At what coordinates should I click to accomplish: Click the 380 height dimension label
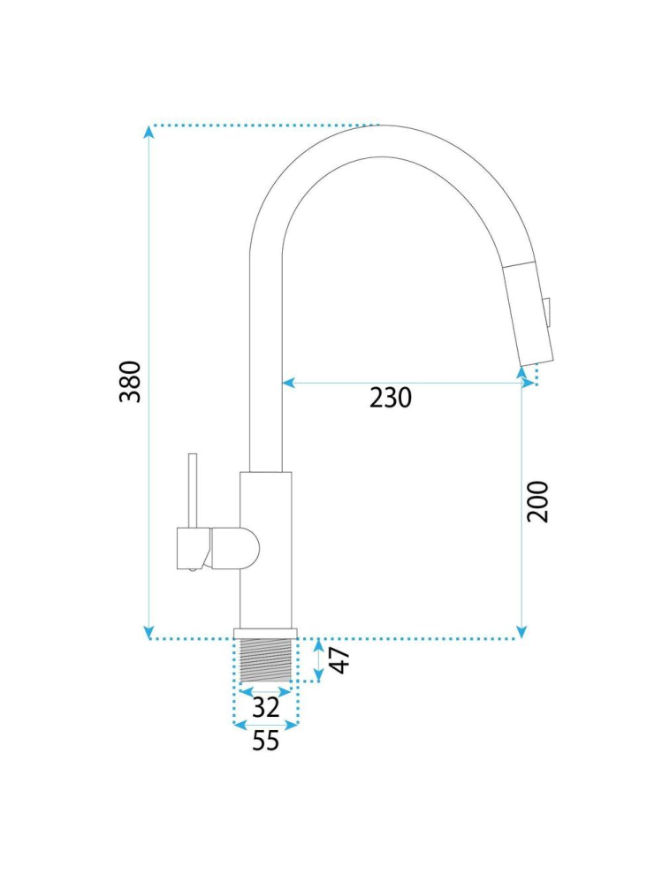pos(130,382)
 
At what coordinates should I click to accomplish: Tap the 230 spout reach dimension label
pos(391,398)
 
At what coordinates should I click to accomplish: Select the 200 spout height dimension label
pos(537,502)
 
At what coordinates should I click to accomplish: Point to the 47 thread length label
pos(340,660)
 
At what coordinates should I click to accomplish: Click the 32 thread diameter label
pos(266,707)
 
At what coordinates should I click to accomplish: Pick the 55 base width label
pos(266,740)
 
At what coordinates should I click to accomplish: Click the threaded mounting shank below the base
pos(266,659)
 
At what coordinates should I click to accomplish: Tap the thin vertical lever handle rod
pos(193,491)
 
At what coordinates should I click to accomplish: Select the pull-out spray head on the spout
pos(529,313)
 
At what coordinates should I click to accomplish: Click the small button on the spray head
pos(547,310)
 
